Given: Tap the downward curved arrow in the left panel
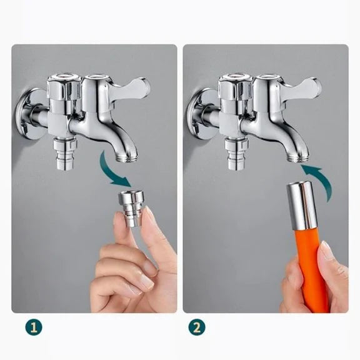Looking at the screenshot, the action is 112,171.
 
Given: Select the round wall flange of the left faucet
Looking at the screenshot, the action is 27,114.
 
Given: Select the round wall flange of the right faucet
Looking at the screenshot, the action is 199,114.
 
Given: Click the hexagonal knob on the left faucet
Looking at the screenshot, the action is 64,87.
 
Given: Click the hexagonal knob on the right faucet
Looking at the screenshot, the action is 236,87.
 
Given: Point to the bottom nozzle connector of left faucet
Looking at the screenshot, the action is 66,154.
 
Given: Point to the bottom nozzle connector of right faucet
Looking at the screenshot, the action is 237,154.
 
